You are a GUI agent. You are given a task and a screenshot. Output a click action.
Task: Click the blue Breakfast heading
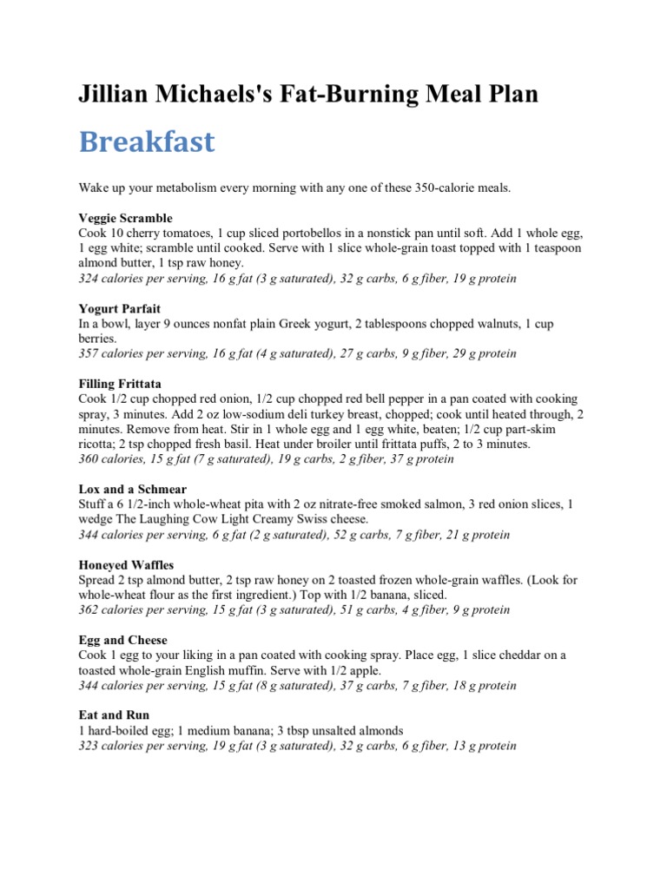[x=147, y=142]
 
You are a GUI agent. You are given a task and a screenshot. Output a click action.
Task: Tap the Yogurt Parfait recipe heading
[x=120, y=308]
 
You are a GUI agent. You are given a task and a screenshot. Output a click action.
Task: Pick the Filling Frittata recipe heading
[x=120, y=383]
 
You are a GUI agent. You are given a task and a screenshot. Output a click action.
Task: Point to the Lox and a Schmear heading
[x=132, y=490]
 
